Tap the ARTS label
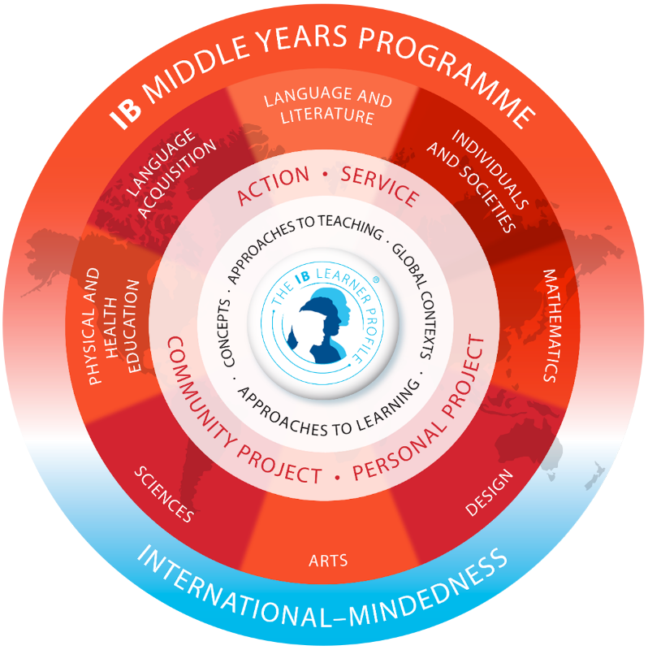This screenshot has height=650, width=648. pos(328,561)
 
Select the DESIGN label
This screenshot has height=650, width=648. pos(490,492)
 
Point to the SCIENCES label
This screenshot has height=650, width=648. pos(164,494)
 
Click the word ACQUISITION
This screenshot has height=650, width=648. pos(177,179)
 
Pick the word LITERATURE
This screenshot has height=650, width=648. pos(327,115)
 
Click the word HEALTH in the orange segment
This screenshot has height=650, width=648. pos(111,327)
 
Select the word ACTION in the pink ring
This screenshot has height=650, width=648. pos(273,185)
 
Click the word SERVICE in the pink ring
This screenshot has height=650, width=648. pos(380,186)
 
